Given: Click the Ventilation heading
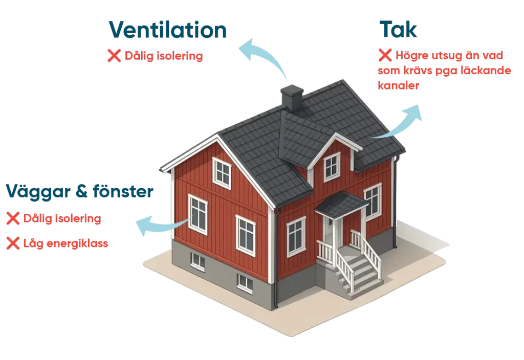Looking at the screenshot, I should [168, 31].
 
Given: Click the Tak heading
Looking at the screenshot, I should [398, 31].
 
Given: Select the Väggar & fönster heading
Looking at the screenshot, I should [79, 192].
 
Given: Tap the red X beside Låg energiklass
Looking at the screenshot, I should [12, 244].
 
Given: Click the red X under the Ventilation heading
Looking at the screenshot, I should [114, 56].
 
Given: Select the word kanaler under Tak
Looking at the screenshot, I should [399, 86].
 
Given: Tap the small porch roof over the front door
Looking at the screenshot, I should [342, 204].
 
